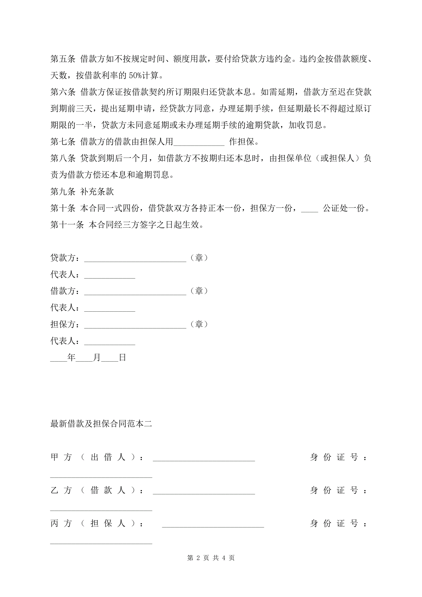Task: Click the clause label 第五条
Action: [x=63, y=59]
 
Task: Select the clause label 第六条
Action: [x=63, y=92]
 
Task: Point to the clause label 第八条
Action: [x=63, y=158]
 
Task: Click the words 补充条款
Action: [x=97, y=192]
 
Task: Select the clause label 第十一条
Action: [x=67, y=225]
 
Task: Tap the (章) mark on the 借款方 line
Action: [x=199, y=291]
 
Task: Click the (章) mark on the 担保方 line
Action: [x=199, y=324]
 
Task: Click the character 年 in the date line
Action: [x=71, y=358]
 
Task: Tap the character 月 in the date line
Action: [x=97, y=358]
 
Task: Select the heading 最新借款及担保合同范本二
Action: [x=101, y=424]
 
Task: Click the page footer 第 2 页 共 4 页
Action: [x=211, y=558]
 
